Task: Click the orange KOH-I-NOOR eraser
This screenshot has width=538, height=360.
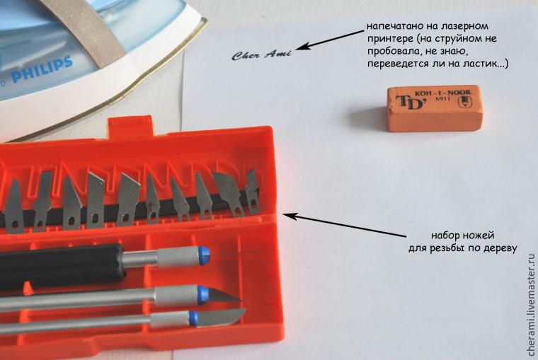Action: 435,108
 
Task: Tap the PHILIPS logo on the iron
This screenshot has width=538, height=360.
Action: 42,71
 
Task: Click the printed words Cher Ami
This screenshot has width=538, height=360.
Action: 261,55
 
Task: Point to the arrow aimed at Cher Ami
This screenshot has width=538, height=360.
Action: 329,40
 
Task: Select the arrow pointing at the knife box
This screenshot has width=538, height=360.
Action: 344,225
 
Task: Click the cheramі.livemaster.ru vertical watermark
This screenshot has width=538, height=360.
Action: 531,305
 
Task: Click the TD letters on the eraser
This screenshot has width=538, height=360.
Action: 409,102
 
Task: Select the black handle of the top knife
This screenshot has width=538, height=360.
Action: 61,265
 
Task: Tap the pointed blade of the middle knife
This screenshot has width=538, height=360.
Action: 224,296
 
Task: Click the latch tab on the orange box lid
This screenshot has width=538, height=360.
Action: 130,126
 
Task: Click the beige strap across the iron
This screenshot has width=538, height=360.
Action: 93,31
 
